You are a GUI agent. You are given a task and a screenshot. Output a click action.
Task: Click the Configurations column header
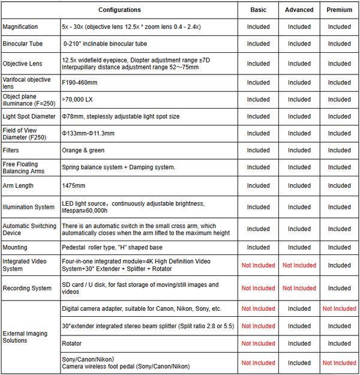[119, 10]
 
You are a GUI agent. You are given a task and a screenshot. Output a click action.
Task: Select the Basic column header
[258, 10]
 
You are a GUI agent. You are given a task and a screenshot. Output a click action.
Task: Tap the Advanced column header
[299, 10]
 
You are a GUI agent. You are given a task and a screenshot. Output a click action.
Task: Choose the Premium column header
[339, 10]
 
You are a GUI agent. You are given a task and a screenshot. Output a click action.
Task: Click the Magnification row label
[20, 27]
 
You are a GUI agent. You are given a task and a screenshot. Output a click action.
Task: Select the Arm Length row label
[18, 186]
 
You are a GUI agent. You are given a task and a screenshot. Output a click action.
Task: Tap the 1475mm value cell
[74, 186]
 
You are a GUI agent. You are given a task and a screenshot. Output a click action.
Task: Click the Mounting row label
[15, 247]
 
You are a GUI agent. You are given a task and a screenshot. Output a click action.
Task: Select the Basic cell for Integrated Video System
[258, 265]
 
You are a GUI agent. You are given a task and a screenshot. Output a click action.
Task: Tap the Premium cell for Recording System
[339, 288]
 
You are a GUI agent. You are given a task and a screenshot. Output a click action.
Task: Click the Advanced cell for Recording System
[299, 288]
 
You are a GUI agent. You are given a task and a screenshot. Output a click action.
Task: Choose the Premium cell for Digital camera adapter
[339, 308]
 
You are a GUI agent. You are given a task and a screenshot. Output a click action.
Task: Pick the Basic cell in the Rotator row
[258, 344]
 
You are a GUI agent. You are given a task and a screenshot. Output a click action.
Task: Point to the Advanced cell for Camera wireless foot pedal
[299, 362]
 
